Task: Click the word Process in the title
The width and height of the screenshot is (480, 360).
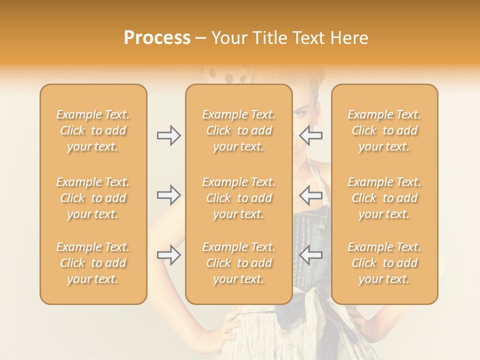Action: point(157,38)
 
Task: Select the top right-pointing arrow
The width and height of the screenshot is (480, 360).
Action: point(168,135)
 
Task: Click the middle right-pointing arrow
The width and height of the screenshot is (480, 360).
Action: point(168,194)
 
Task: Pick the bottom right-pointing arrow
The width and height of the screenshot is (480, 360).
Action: point(168,255)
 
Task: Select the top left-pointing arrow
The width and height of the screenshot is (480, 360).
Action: point(310,135)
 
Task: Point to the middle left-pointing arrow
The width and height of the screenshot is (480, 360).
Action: point(310,194)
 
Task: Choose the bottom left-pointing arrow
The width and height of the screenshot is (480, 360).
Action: point(310,255)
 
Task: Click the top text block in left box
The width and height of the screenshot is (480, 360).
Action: point(93,130)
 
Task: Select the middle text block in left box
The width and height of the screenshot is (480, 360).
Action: point(93,198)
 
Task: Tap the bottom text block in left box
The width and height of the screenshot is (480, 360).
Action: point(93,263)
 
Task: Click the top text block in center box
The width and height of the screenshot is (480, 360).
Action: point(238,130)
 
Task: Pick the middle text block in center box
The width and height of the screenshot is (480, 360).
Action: point(238,198)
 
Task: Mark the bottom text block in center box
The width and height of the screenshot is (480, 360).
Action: point(238,263)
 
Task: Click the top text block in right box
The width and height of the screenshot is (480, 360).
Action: point(384,130)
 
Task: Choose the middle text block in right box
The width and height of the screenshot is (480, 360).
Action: point(384,198)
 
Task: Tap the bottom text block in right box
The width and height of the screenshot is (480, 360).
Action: point(384,263)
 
